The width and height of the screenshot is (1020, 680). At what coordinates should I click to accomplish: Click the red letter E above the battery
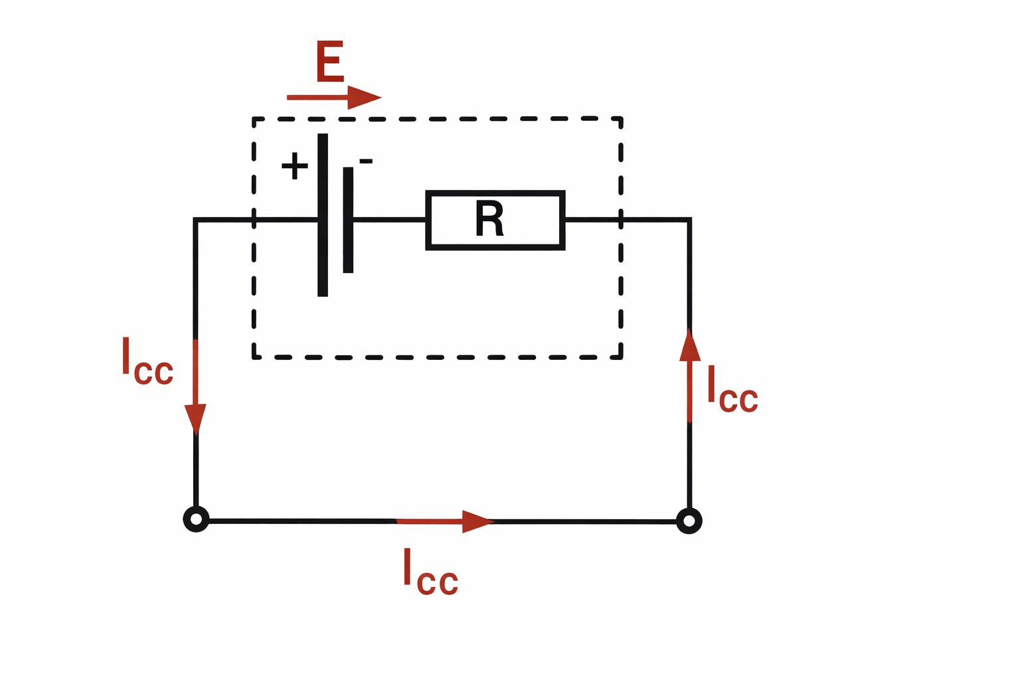(329, 62)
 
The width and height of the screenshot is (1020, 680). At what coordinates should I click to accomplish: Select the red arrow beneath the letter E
(333, 98)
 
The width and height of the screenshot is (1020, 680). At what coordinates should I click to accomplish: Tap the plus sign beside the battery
(294, 166)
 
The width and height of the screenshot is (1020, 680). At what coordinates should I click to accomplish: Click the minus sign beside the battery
(366, 161)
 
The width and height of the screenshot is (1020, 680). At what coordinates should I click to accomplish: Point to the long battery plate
(323, 214)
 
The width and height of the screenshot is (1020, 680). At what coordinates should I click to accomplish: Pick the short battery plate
(348, 220)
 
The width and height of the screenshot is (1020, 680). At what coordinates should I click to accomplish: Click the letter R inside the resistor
(490, 220)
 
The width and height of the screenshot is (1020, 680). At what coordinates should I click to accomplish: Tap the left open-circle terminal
(196, 519)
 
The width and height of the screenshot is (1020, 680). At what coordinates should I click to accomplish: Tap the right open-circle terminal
(689, 521)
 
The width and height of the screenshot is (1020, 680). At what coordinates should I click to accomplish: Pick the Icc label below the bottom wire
(430, 572)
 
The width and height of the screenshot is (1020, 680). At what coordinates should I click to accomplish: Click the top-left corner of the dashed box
(254, 119)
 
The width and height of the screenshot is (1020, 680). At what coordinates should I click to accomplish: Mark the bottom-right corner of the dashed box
(621, 357)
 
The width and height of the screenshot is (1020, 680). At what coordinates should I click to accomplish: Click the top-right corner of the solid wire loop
(690, 219)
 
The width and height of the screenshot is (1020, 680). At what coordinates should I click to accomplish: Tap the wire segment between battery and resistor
(389, 219)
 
